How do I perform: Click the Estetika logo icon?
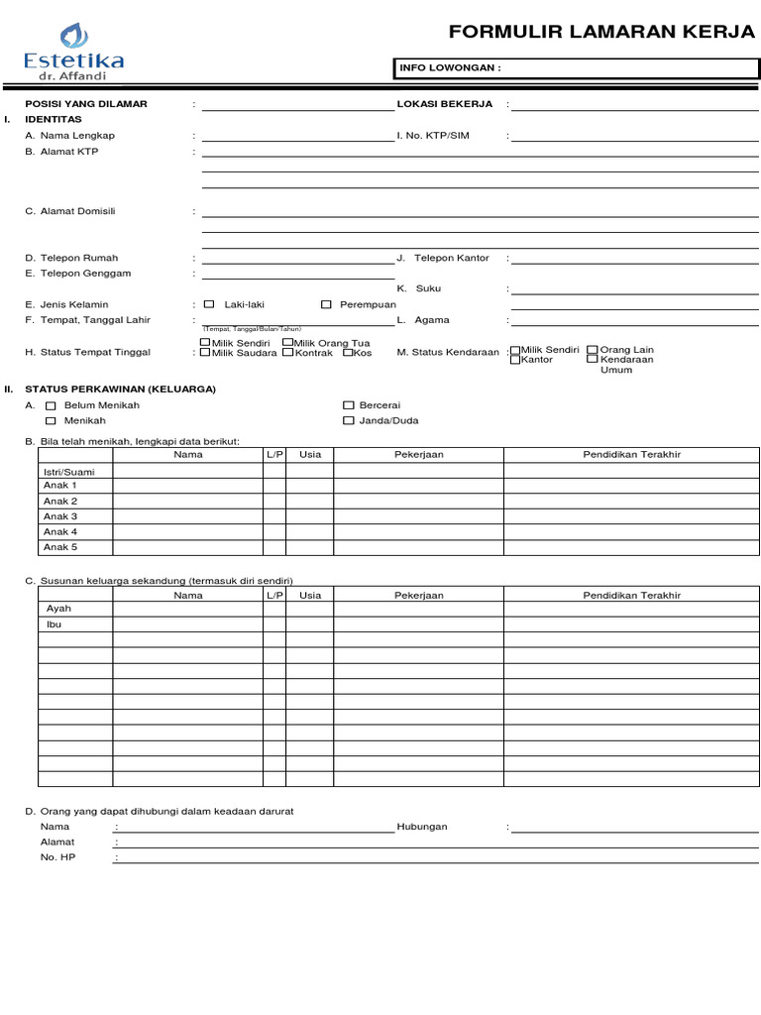pos(74,37)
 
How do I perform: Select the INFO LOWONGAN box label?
pos(449,67)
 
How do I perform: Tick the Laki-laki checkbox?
pos(209,304)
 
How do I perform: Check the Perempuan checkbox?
pos(326,304)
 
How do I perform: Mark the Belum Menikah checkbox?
pos(51,405)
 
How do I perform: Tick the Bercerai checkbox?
pos(348,405)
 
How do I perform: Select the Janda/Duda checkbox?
pos(348,420)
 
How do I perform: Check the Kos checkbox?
pos(349,352)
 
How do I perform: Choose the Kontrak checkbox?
pos(287,352)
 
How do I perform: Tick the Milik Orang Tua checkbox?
pos(287,342)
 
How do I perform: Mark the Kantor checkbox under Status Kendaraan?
pos(515,360)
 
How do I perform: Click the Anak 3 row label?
pos(60,516)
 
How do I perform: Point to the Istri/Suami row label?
pos(69,472)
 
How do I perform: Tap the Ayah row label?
pos(59,609)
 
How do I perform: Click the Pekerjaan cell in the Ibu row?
pos(418,624)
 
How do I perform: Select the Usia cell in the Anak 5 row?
pos(309,547)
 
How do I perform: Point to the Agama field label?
pos(431,320)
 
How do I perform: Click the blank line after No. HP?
pos(436,857)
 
